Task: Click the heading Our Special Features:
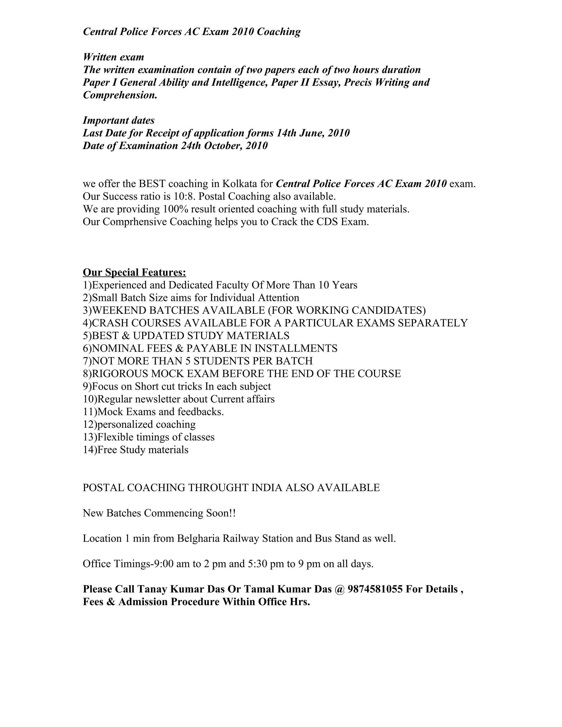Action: point(134,272)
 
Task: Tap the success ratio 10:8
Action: point(184,196)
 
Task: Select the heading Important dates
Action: point(119,120)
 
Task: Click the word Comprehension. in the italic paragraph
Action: point(120,95)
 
